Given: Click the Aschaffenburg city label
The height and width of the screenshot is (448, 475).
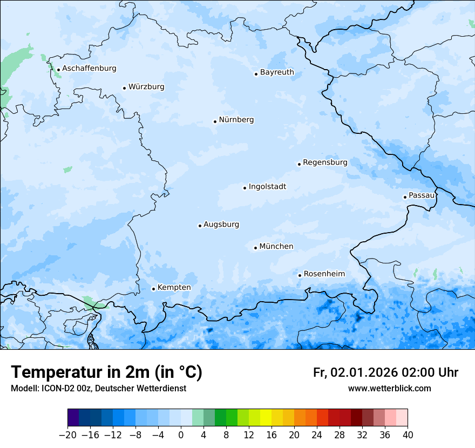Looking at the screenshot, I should [89, 69].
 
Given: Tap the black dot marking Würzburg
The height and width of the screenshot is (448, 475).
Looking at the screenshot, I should [124, 88].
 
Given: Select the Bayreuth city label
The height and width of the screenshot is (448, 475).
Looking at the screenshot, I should [277, 72].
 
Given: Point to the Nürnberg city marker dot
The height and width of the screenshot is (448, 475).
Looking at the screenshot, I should [215, 121].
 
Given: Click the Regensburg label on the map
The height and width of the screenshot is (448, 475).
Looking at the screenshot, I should [325, 162].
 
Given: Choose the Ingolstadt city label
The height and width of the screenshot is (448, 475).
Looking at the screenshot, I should [267, 187].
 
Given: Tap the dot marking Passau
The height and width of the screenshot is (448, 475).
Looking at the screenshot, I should [405, 197].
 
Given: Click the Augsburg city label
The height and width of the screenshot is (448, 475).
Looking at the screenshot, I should [221, 225].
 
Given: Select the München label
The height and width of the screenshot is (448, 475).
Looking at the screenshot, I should [276, 247].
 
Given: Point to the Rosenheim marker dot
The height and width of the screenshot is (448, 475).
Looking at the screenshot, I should [300, 275].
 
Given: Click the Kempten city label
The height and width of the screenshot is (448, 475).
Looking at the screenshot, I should [174, 288].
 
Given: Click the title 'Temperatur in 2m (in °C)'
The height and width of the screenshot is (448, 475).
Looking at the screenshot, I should [106, 372].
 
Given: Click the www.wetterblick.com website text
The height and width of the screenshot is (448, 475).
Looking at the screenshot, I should [389, 389].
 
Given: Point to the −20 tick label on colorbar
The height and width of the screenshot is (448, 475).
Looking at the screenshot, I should [68, 435].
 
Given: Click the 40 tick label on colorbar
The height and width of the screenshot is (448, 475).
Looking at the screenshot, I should [408, 435].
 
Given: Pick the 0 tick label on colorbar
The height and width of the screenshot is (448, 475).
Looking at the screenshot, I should [181, 435].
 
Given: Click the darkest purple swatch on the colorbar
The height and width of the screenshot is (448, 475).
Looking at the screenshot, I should [73, 418].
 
